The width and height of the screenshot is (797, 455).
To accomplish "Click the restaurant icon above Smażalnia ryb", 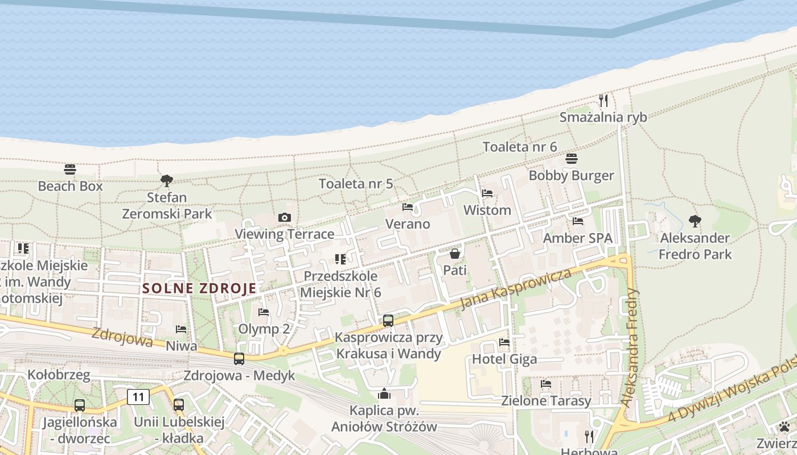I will (603, 101).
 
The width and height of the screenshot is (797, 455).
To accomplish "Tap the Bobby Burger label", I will (571, 175).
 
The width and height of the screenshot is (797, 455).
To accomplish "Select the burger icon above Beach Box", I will (70, 169).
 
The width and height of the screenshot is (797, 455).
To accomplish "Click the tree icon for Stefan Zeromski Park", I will (167, 181).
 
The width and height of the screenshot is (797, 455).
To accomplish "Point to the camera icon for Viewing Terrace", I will (285, 217).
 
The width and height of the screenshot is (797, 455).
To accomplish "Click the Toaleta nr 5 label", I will (356, 184).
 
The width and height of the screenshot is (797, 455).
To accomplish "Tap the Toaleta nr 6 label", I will (519, 147).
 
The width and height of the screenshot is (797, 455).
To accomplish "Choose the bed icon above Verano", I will (408, 207).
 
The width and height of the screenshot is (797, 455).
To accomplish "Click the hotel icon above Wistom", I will (487, 193).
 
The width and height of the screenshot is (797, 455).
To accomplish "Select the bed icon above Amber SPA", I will (578, 221).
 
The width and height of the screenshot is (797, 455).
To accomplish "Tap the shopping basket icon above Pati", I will (454, 254).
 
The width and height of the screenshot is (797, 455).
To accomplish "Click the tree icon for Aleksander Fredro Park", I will (695, 221).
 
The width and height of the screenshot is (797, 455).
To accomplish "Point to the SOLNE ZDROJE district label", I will (199, 288).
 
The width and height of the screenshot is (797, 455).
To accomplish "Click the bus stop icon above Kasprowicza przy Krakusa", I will (388, 321).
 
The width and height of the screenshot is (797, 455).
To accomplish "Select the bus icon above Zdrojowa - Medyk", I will (239, 359).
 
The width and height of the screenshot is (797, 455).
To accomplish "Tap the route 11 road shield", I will (138, 396).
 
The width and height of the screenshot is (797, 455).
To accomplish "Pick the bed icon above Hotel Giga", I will (504, 342).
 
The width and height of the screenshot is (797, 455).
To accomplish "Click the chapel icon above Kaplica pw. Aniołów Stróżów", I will (384, 394).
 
